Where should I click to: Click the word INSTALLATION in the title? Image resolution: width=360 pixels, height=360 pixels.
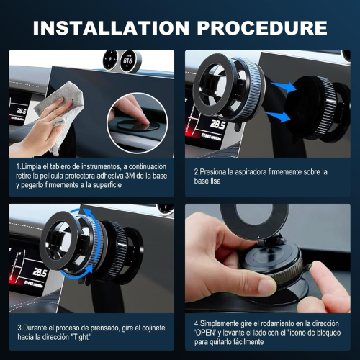tap(111, 28)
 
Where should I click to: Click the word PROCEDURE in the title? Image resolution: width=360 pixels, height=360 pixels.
tap(262, 28)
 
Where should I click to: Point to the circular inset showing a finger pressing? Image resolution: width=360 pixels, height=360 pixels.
tap(138, 123)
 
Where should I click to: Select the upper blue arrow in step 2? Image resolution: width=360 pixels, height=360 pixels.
tap(284, 87)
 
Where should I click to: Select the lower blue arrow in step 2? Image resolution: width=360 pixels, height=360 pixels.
tap(278, 117)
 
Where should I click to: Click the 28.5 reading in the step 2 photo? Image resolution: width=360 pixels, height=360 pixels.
tap(218, 125)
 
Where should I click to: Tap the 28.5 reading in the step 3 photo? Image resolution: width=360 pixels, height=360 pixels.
tap(40, 272)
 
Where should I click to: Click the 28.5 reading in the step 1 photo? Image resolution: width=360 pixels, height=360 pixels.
tap(21, 111)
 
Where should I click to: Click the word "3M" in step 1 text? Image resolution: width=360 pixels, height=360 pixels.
tap(130, 176)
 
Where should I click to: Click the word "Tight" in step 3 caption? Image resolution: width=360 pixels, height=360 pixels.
tap(81, 337)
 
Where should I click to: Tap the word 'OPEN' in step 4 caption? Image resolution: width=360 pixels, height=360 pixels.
tap(205, 333)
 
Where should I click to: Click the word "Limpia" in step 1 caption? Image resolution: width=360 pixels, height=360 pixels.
tap(29, 167)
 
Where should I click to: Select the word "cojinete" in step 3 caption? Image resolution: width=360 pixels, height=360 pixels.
tap(152, 328)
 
